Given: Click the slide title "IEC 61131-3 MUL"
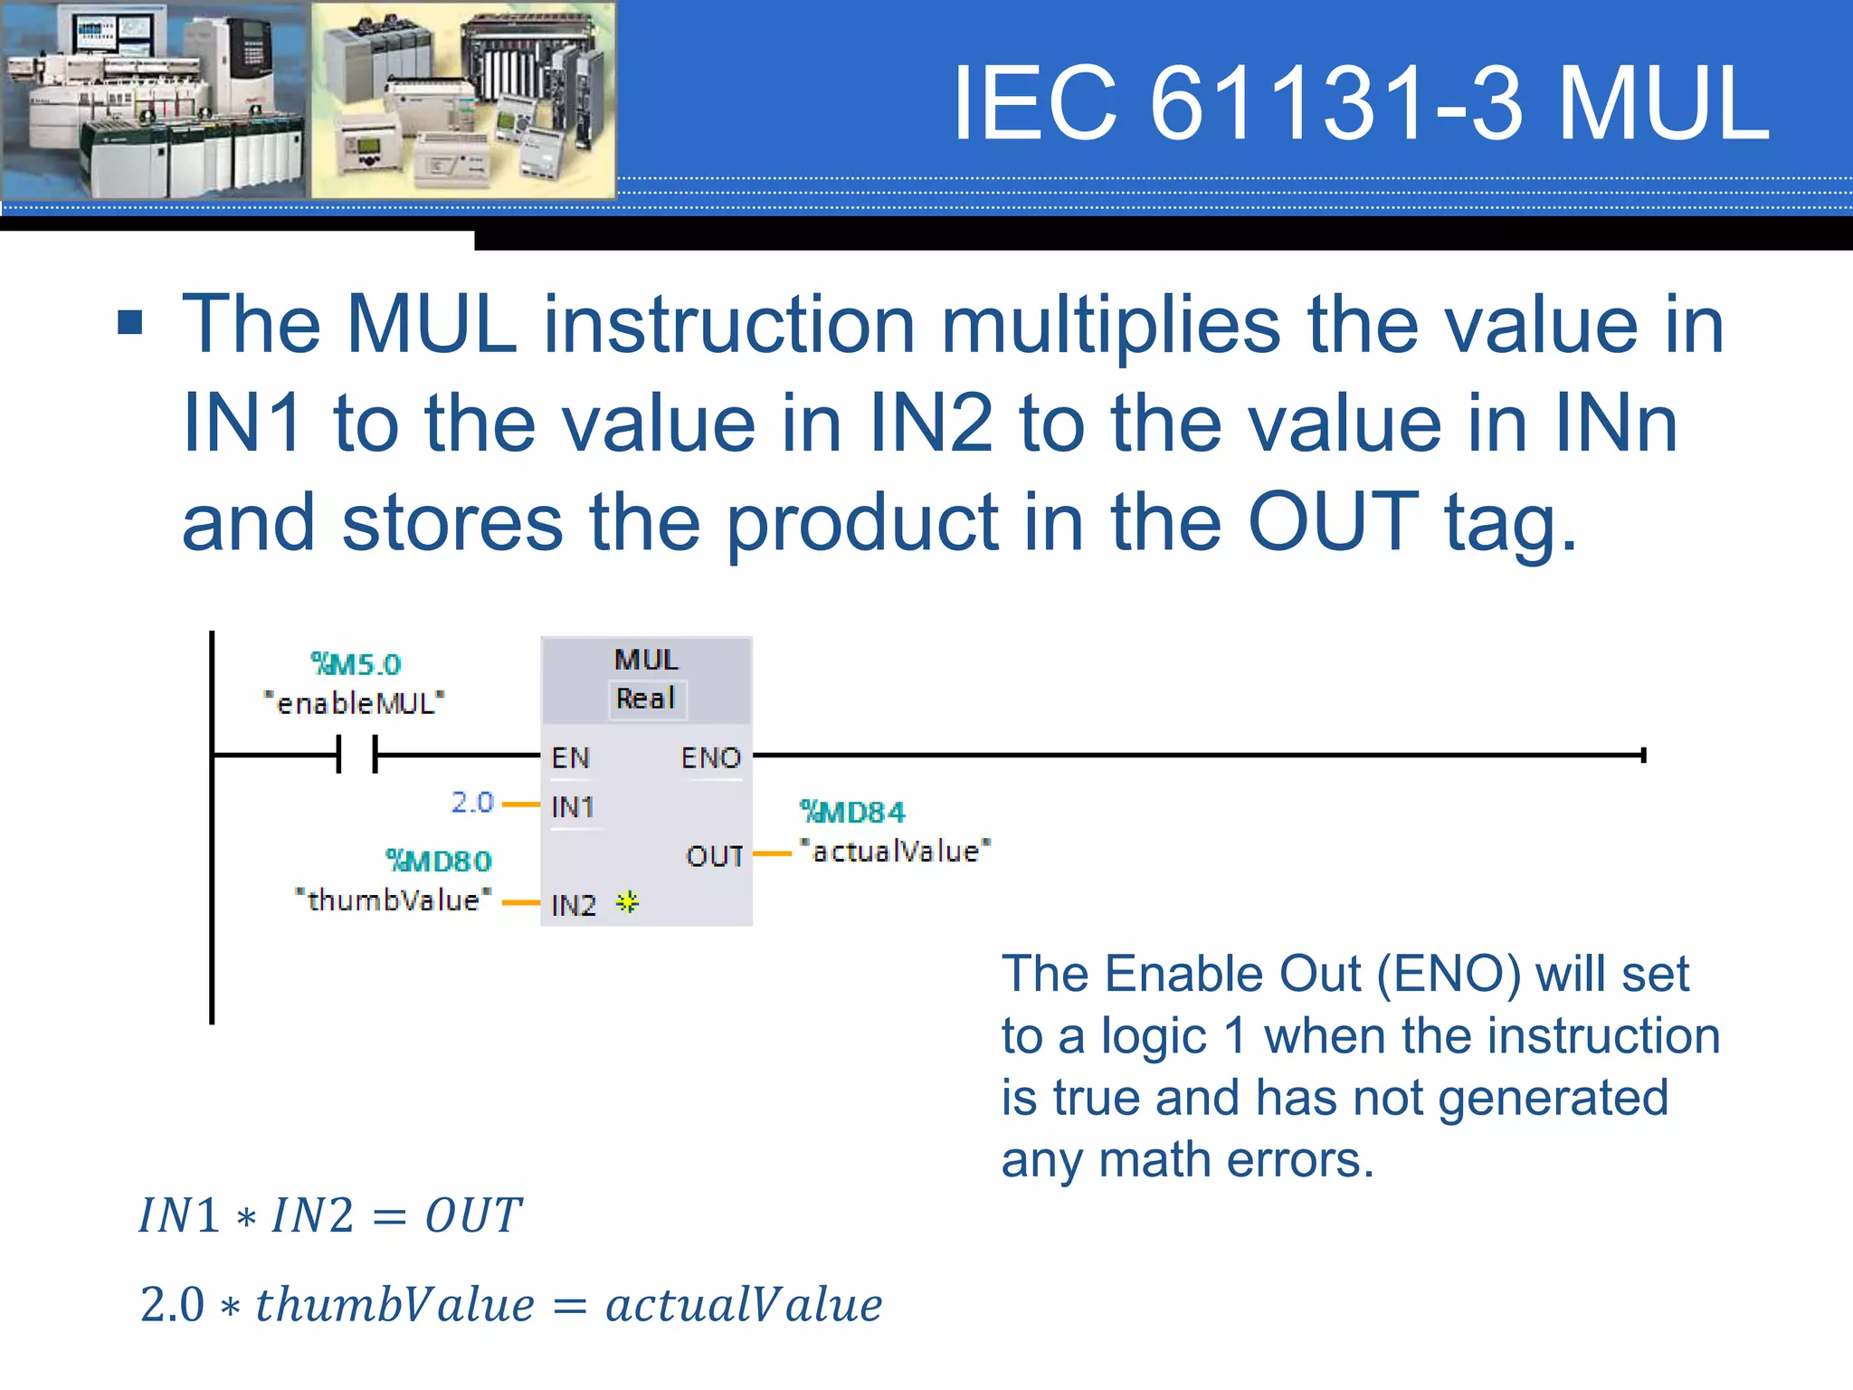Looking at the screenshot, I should click(x=1361, y=103).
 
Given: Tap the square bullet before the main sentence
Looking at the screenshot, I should click(x=130, y=322).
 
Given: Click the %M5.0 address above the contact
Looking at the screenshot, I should click(x=356, y=664).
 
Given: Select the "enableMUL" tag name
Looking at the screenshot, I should click(x=354, y=703).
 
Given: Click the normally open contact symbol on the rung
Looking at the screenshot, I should click(x=356, y=754).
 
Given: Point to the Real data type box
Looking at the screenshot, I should click(x=647, y=700).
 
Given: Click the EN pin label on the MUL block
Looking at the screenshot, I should click(x=571, y=757).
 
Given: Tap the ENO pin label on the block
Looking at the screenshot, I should click(x=711, y=757).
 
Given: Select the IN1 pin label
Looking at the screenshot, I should click(x=573, y=806).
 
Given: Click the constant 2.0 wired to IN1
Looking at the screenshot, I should click(x=472, y=803).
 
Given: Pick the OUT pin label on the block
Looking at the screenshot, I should click(x=715, y=856).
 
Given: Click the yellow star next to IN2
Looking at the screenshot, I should click(x=627, y=902).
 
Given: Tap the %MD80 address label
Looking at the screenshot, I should click(x=439, y=861).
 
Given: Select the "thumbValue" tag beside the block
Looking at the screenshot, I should click(x=394, y=900).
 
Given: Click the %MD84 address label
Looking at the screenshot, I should click(x=852, y=812).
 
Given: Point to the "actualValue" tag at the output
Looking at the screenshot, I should click(x=896, y=852).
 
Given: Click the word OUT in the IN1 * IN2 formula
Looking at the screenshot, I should click(x=473, y=1215).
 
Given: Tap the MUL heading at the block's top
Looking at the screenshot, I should click(x=646, y=660).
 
